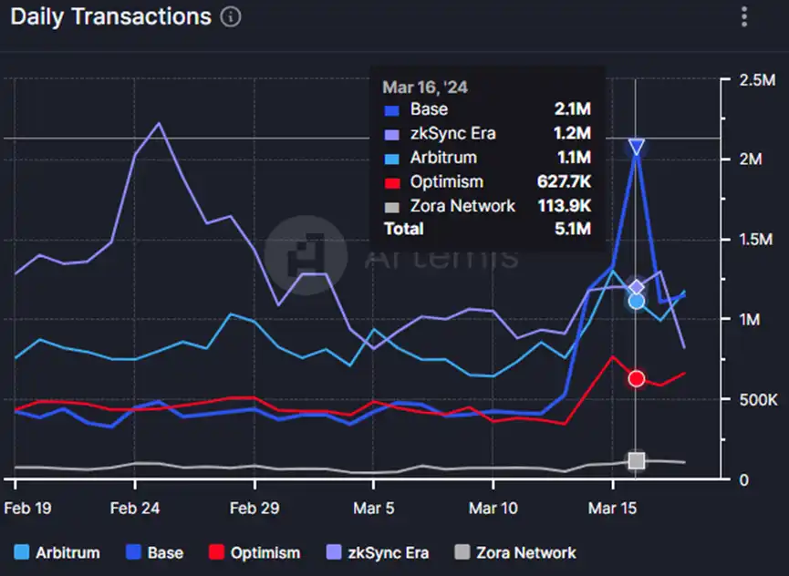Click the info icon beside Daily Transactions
(232, 17)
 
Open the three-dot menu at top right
(745, 16)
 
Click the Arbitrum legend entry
(59, 552)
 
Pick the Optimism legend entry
(254, 552)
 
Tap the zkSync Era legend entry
(377, 552)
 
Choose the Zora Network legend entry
(515, 552)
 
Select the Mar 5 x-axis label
(374, 508)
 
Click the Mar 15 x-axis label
(610, 508)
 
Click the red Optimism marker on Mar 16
(637, 378)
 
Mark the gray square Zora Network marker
(637, 460)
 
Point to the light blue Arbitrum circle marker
(637, 301)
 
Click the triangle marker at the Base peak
(637, 148)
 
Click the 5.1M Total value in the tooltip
(573, 229)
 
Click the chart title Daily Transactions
(110, 16)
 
